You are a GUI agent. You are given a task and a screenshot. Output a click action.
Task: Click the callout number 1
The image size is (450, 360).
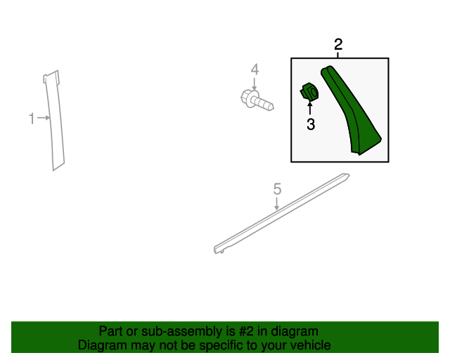[32, 118]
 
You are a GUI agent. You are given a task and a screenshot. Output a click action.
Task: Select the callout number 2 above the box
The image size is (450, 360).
[338, 44]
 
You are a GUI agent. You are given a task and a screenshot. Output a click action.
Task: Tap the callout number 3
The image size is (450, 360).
[311, 124]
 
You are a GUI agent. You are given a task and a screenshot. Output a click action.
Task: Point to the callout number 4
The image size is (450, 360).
[255, 70]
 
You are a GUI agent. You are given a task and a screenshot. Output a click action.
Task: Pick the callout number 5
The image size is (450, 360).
[277, 189]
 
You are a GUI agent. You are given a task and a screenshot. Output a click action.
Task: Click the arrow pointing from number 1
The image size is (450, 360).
[44, 117]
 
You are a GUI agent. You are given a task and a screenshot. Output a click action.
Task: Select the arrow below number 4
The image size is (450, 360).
[254, 84]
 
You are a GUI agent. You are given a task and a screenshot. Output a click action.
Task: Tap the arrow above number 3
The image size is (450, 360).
[310, 108]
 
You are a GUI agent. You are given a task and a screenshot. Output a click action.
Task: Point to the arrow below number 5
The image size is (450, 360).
[276, 203]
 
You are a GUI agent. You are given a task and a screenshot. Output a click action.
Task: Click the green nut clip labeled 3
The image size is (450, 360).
[309, 91]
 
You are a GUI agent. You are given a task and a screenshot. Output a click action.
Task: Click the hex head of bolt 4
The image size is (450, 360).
[247, 98]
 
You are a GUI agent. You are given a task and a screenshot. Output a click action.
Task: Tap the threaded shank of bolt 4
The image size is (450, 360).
[264, 103]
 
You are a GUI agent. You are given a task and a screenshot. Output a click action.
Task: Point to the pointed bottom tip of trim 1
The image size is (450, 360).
[53, 170]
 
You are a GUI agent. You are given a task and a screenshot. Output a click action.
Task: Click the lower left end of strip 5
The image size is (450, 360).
[216, 250]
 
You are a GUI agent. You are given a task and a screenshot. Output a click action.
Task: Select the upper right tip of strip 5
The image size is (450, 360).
[348, 175]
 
